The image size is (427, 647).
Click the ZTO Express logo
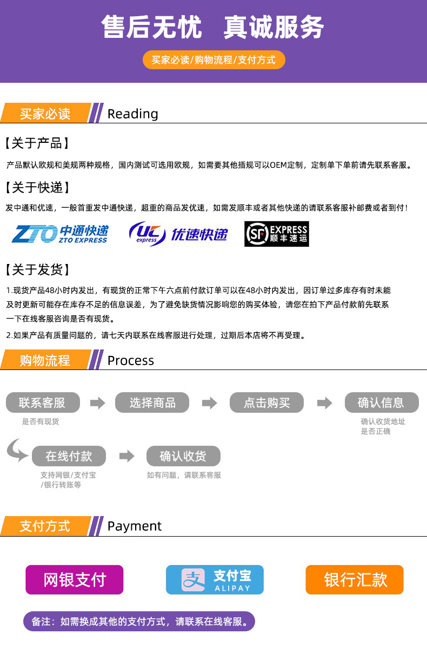coord(60,234)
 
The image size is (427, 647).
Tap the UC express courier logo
coord(178,234)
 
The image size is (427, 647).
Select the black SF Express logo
coord(277,234)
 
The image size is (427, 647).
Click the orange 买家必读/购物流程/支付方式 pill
coord(214,60)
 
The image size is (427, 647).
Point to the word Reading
coord(133,114)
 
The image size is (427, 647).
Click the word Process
coord(131,361)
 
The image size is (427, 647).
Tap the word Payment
coord(135,526)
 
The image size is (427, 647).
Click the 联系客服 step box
coord(43,402)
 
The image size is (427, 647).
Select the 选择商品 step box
coord(152,402)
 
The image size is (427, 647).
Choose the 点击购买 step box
coord(266,402)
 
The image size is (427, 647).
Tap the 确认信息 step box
coord(382,402)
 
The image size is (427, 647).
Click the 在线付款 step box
coord(69,456)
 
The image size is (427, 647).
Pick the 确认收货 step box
coord(183,456)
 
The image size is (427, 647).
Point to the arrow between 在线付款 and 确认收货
coord(127,456)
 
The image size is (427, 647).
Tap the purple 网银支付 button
coord(75,580)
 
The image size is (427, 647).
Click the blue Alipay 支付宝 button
coord(215,580)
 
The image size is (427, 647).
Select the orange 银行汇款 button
coord(355,580)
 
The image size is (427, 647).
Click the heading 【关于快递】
coord(37,187)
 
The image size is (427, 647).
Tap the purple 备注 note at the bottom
coord(139,622)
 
